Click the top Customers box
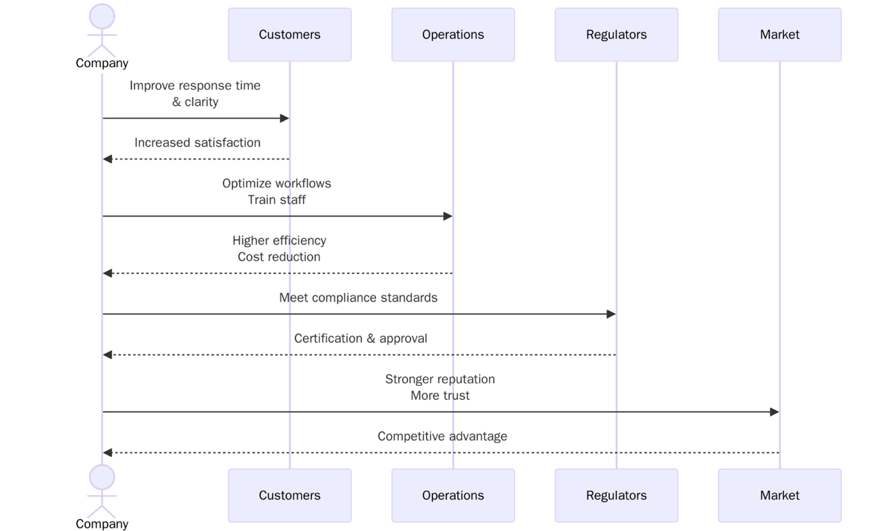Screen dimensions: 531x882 [289, 35]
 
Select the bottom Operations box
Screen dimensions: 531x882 [452, 495]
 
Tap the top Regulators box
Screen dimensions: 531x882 [616, 35]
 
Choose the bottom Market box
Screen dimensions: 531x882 [779, 495]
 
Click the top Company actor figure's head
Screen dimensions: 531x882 [102, 17]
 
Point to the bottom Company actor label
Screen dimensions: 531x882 [102, 524]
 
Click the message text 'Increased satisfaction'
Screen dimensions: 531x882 [197, 142]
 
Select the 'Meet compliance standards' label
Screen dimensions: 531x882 [358, 298]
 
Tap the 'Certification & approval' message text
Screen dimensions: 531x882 [361, 339]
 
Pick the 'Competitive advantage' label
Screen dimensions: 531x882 [442, 436]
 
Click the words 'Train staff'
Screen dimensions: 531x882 [276, 200]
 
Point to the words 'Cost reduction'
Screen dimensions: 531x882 [279, 257]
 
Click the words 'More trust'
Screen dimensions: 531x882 [440, 396]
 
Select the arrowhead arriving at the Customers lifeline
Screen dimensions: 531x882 [285, 118]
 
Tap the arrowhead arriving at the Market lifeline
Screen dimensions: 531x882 [775, 412]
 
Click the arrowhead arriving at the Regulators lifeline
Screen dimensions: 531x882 [611, 314]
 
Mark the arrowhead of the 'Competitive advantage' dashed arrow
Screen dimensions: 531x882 [107, 453]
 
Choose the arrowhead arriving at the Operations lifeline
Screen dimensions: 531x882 [448, 217]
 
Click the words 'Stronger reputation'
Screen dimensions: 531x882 [440, 379]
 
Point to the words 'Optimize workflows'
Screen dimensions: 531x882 [276, 183]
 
